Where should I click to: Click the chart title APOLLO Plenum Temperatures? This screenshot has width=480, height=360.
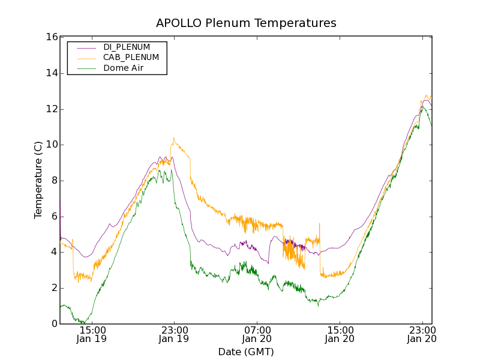(x=246, y=23)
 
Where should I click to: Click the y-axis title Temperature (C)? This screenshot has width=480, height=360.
(x=38, y=180)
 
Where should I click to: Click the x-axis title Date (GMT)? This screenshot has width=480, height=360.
(x=246, y=352)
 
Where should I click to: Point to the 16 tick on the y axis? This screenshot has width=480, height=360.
(x=51, y=37)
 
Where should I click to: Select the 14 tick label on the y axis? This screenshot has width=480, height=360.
(x=51, y=73)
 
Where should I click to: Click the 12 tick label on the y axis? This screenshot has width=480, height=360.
(x=51, y=109)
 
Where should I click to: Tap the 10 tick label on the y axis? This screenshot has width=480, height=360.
(x=51, y=145)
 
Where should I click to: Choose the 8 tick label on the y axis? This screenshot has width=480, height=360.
(x=53, y=181)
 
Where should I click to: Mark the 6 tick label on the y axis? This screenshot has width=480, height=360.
(x=53, y=216)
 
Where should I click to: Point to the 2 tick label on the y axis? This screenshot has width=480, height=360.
(x=53, y=288)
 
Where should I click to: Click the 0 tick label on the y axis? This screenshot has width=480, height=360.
(x=53, y=323)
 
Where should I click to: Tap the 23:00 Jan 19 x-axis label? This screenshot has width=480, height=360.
(x=174, y=334)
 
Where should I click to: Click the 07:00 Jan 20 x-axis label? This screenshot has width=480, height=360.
(x=257, y=334)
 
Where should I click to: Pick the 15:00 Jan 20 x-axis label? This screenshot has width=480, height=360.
(x=340, y=334)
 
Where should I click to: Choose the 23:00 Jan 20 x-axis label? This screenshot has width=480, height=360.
(x=422, y=334)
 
